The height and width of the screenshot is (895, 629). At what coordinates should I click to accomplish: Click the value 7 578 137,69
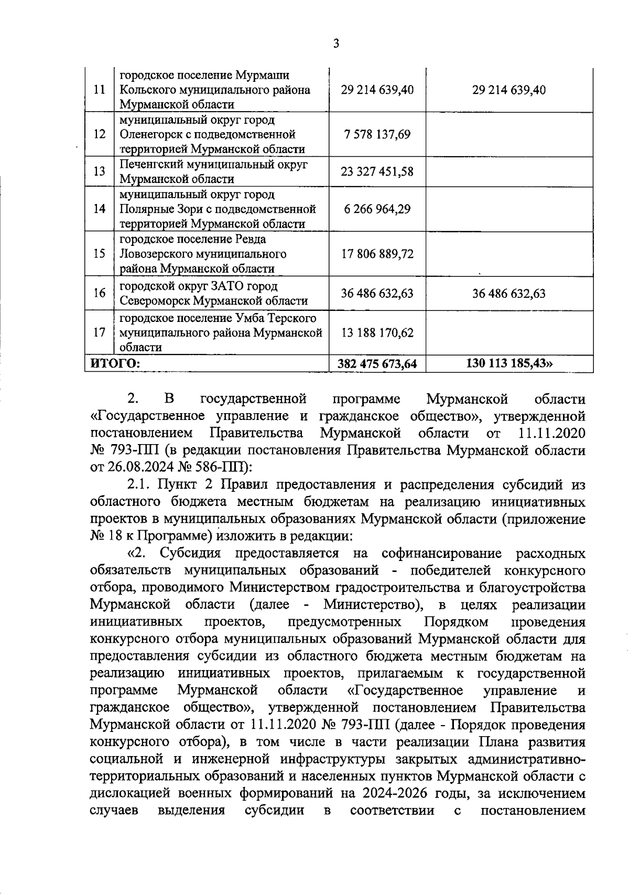[377, 135]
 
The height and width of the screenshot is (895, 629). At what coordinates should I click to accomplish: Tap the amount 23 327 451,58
[377, 172]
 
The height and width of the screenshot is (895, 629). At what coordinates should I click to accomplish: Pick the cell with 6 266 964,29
[377, 209]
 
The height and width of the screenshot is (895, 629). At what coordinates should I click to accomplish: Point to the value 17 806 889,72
[377, 254]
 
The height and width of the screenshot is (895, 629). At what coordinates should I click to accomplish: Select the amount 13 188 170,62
[377, 332]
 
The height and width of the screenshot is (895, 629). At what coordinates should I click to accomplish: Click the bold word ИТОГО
[115, 363]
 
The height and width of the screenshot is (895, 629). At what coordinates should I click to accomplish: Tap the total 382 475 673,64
[377, 363]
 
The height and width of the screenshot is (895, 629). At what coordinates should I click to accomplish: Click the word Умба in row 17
[250, 318]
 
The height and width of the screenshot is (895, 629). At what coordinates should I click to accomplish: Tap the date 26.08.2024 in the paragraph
[137, 467]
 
